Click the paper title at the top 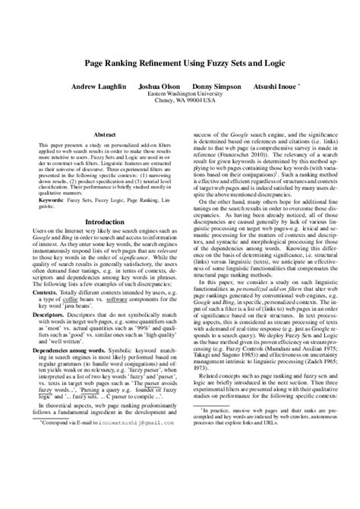click(179, 66)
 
